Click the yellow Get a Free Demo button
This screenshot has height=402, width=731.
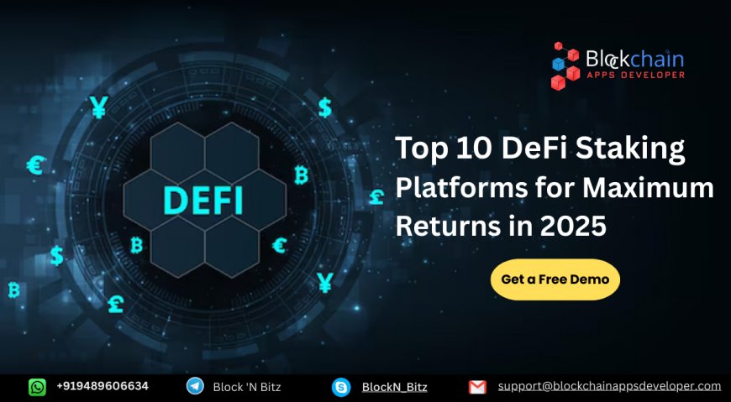click(555, 279)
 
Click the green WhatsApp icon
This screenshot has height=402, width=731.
click(38, 387)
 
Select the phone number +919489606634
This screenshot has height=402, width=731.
click(103, 386)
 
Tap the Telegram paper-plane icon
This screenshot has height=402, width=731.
click(195, 387)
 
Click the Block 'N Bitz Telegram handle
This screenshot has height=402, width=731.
click(246, 387)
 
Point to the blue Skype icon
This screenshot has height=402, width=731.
click(340, 387)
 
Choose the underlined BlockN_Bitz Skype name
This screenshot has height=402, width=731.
click(394, 387)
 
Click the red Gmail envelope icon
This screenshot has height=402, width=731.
click(477, 387)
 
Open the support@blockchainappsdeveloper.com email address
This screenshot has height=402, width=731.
click(609, 386)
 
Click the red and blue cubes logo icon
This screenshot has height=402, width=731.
click(565, 66)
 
